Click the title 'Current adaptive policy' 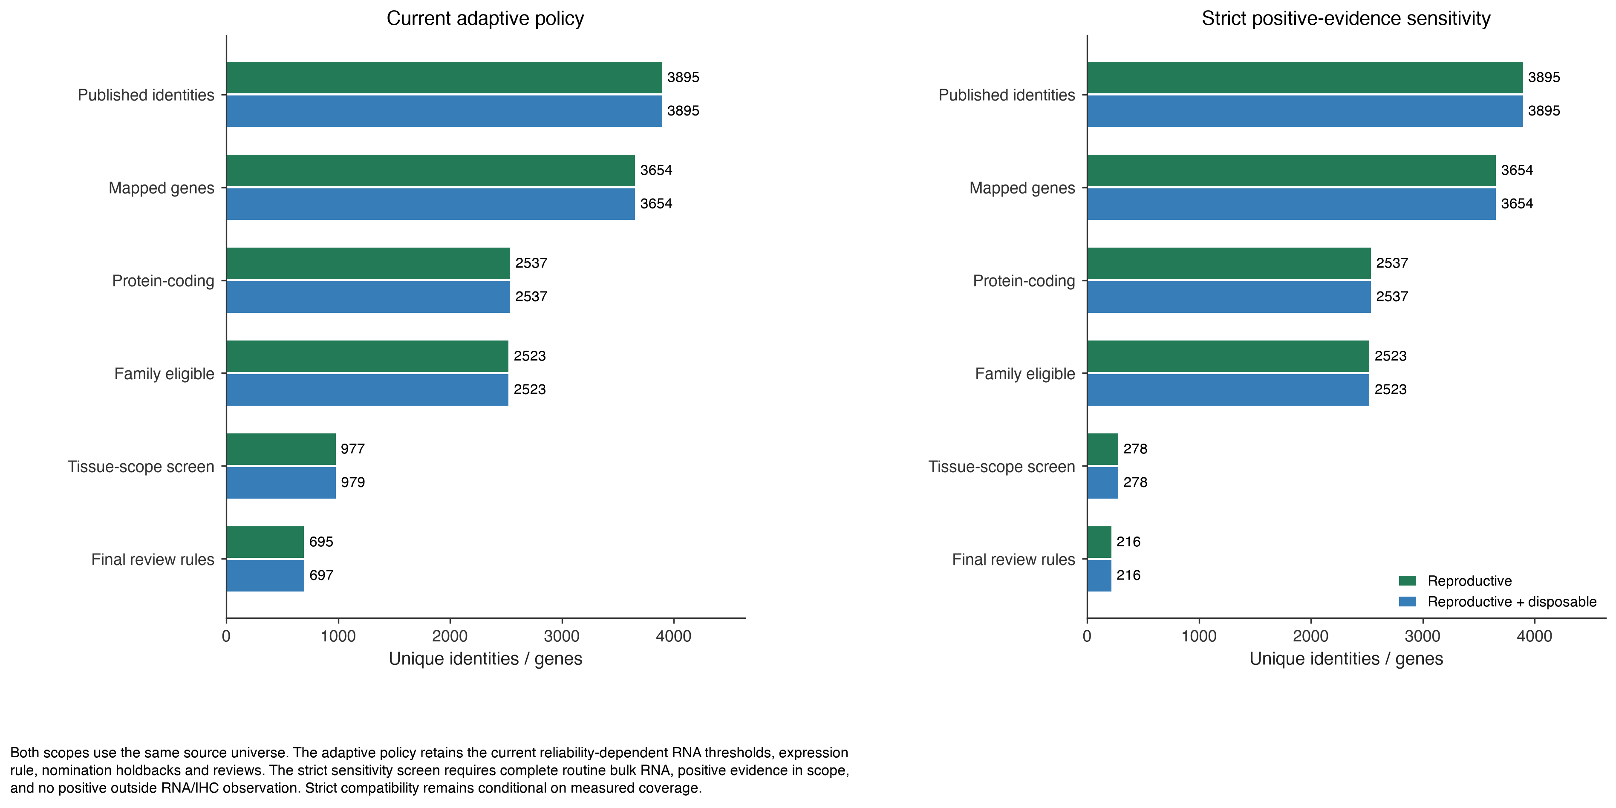[485, 19]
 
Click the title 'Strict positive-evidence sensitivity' [1346, 19]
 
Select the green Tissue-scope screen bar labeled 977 [281, 449]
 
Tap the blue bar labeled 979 [281, 482]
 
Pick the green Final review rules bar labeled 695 [265, 542]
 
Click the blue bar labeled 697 [265, 575]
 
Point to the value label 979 [352, 482]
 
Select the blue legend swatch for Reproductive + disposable [1408, 602]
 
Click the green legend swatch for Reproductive [1408, 581]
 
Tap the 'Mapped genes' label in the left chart [161, 188]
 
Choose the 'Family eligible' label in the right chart [1024, 374]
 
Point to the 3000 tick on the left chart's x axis [561, 636]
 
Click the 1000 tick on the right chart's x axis [1199, 636]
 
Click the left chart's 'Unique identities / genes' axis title [485, 659]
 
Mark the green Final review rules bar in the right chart [1099, 542]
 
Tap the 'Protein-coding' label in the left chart [163, 281]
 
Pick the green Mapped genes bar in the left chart [430, 170]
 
